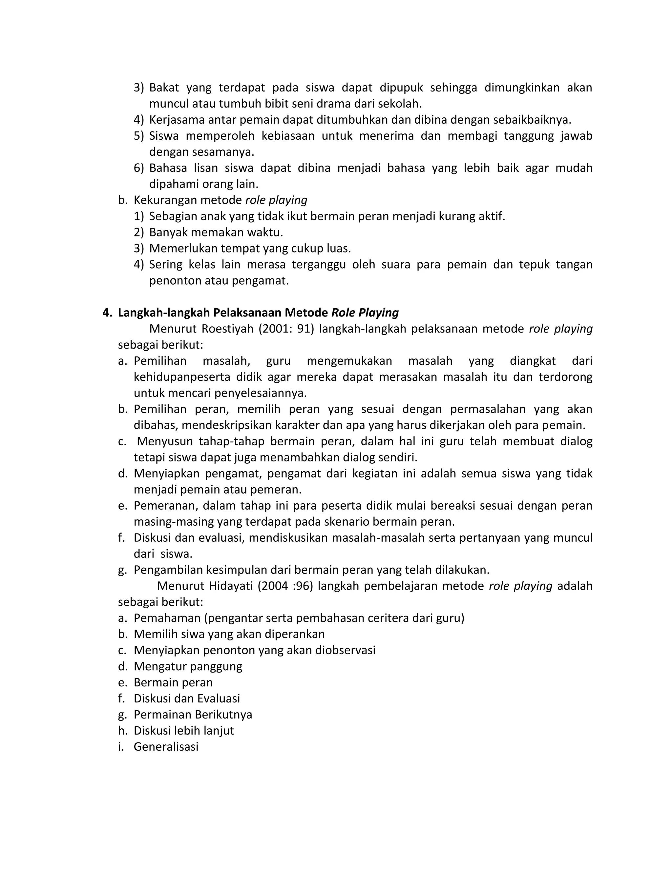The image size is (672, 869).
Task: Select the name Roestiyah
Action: [227, 329]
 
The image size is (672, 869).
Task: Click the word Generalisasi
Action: [166, 746]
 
